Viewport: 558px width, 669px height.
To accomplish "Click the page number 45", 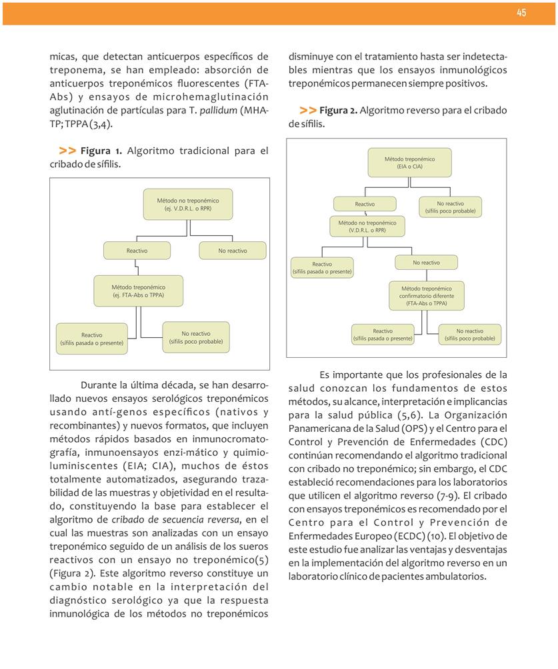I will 521,13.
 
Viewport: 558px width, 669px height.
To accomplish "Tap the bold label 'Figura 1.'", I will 101,151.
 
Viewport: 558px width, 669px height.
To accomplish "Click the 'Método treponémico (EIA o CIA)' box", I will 409,163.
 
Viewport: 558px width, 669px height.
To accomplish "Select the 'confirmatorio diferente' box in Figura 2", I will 426,296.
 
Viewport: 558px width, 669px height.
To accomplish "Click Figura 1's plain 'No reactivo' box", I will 232,251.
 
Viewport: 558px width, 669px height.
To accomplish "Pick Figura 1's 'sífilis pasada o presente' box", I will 91,338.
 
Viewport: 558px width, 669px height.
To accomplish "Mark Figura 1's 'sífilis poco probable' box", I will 195,337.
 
